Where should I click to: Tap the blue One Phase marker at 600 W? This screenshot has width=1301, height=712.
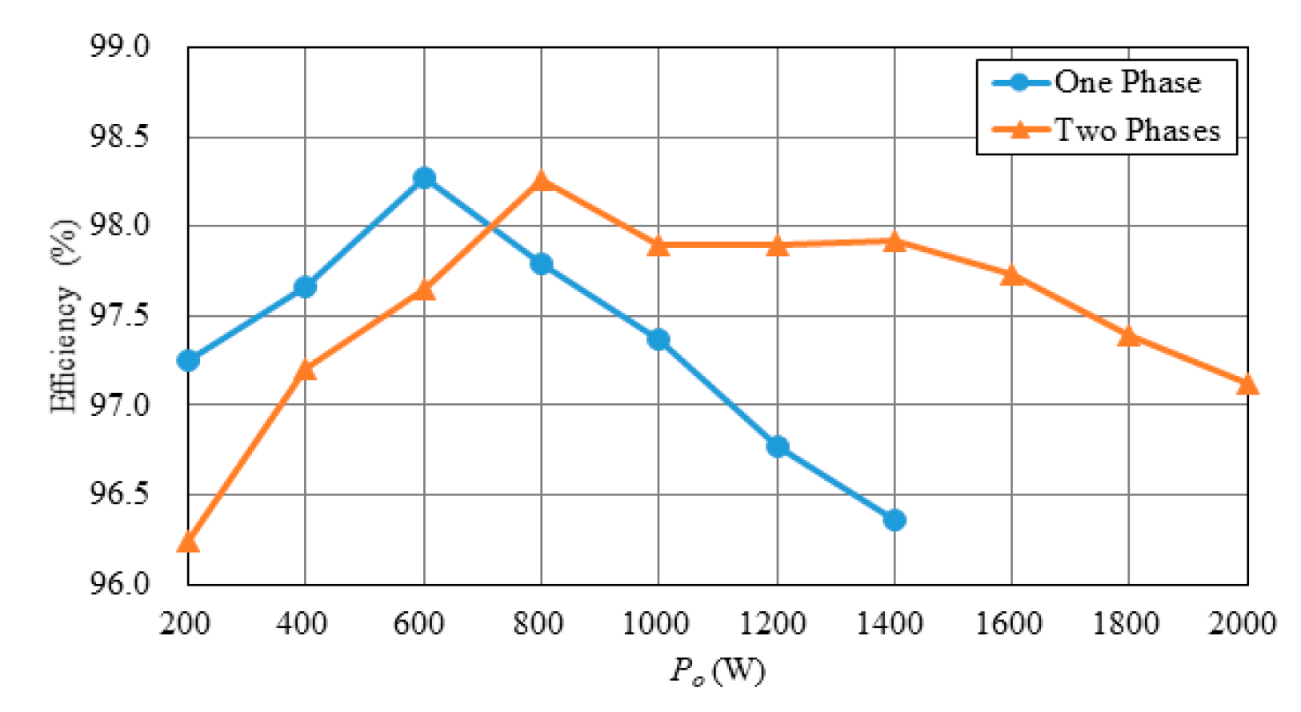click(x=424, y=178)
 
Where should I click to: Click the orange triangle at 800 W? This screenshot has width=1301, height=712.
click(x=541, y=181)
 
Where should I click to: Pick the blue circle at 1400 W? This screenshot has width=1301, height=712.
click(x=895, y=520)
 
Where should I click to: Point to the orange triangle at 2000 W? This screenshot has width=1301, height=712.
click(x=1247, y=386)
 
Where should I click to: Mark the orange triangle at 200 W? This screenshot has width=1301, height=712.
click(x=188, y=542)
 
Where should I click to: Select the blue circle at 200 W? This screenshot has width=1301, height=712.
click(x=188, y=360)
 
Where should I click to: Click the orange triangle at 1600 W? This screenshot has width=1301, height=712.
click(x=1011, y=276)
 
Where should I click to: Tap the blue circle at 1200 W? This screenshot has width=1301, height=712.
click(x=777, y=446)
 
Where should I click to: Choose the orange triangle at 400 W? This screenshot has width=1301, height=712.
click(x=305, y=370)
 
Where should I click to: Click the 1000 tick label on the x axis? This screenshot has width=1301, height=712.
click(x=656, y=622)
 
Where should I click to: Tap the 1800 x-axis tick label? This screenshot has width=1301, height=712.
click(x=1127, y=622)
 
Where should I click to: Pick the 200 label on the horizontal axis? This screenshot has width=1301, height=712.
click(x=186, y=622)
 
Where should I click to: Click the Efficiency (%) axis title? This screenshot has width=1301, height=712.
click(x=65, y=316)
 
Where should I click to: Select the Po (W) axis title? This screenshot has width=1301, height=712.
click(x=717, y=670)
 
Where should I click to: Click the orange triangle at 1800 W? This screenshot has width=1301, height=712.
click(x=1129, y=336)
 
